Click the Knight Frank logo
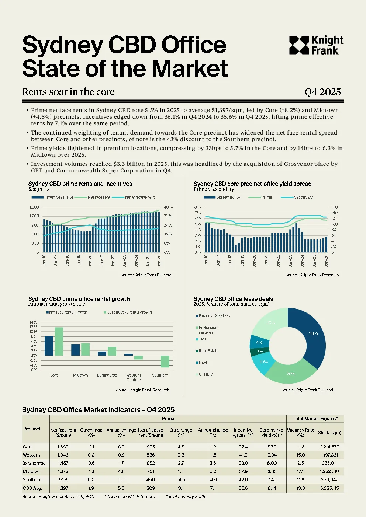coord(316,45)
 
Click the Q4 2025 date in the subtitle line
coord(322,92)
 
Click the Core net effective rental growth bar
coord(59,341)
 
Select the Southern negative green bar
coord(165,361)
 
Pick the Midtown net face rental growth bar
coord(75,350)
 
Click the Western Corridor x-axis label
coord(133,377)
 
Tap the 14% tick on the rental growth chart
coord(33,322)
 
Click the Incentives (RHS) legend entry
coord(52,197)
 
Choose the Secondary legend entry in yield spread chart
coord(297,197)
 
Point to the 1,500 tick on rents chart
coord(34,207)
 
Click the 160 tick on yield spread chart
coord(334,207)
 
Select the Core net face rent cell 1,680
coord(63,447)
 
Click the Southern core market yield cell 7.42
coord(272,480)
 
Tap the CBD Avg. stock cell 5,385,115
coord(329,488)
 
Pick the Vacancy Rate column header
coord(301,433)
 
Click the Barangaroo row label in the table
coord(34,463)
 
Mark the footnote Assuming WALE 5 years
coord(130,497)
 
